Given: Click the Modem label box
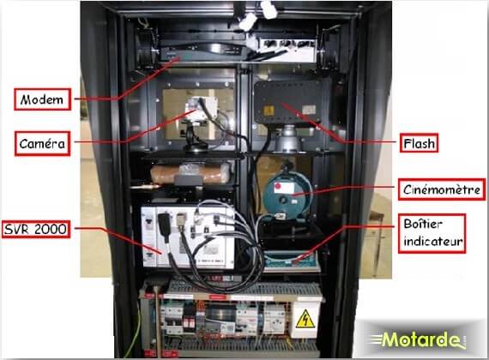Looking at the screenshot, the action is (x=42, y=99).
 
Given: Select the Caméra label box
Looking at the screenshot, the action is (x=42, y=143).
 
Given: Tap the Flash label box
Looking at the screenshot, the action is (x=420, y=143).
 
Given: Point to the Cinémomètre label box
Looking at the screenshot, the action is (x=442, y=189).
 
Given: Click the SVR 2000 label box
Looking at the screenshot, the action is (x=35, y=230).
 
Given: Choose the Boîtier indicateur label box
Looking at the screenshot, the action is (x=432, y=233).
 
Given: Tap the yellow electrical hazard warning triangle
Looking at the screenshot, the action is (x=305, y=319).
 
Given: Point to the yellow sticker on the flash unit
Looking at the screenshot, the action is (x=269, y=111).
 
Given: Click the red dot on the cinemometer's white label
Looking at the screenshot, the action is (x=278, y=186).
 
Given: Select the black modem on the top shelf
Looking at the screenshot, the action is (x=203, y=51).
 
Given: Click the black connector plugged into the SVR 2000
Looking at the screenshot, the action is (x=164, y=224).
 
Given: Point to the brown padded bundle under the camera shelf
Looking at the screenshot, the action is (x=190, y=173).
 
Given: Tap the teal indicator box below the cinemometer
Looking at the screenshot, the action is (x=291, y=261).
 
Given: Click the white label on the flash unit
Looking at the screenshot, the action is (x=309, y=110).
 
